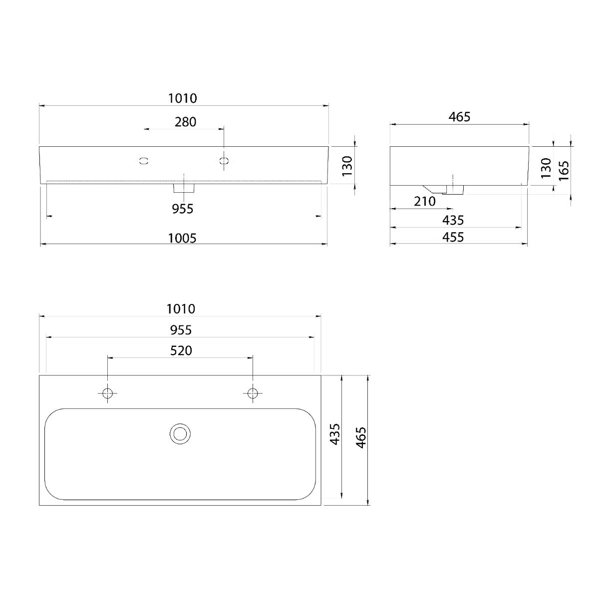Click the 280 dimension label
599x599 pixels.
pyautogui.click(x=185, y=122)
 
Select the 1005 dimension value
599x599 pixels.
pyautogui.click(x=182, y=239)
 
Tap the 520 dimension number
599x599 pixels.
pyautogui.click(x=181, y=350)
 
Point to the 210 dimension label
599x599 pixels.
pyautogui.click(x=425, y=202)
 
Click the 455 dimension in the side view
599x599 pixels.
pyautogui.click(x=453, y=237)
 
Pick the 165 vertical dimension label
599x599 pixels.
pyautogui.click(x=564, y=171)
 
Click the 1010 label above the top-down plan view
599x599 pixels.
pyautogui.click(x=181, y=308)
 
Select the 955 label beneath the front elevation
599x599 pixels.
pyautogui.click(x=183, y=209)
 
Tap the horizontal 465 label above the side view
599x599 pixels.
pyautogui.click(x=459, y=117)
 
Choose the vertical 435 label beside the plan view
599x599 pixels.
pyautogui.click(x=335, y=434)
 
